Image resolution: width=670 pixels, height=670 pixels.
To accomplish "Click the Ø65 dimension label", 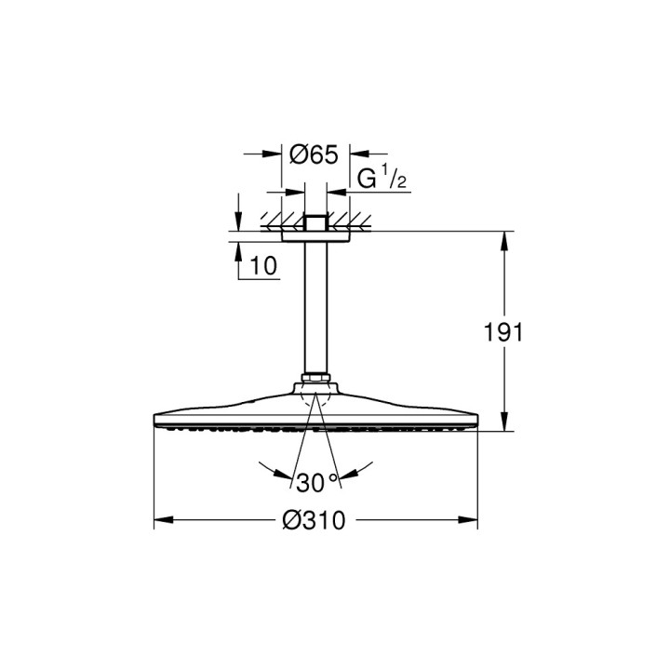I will coord(313,154).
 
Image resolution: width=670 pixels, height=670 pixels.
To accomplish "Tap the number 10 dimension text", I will coord(263,266).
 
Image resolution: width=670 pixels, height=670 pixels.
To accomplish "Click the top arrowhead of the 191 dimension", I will coord(505,238).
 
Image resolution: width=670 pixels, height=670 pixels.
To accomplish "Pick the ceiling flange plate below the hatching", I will coord(315,236).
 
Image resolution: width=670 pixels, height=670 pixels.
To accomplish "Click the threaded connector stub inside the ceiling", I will coord(315,223).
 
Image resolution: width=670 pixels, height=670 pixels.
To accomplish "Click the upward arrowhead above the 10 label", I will coord(238,249).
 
